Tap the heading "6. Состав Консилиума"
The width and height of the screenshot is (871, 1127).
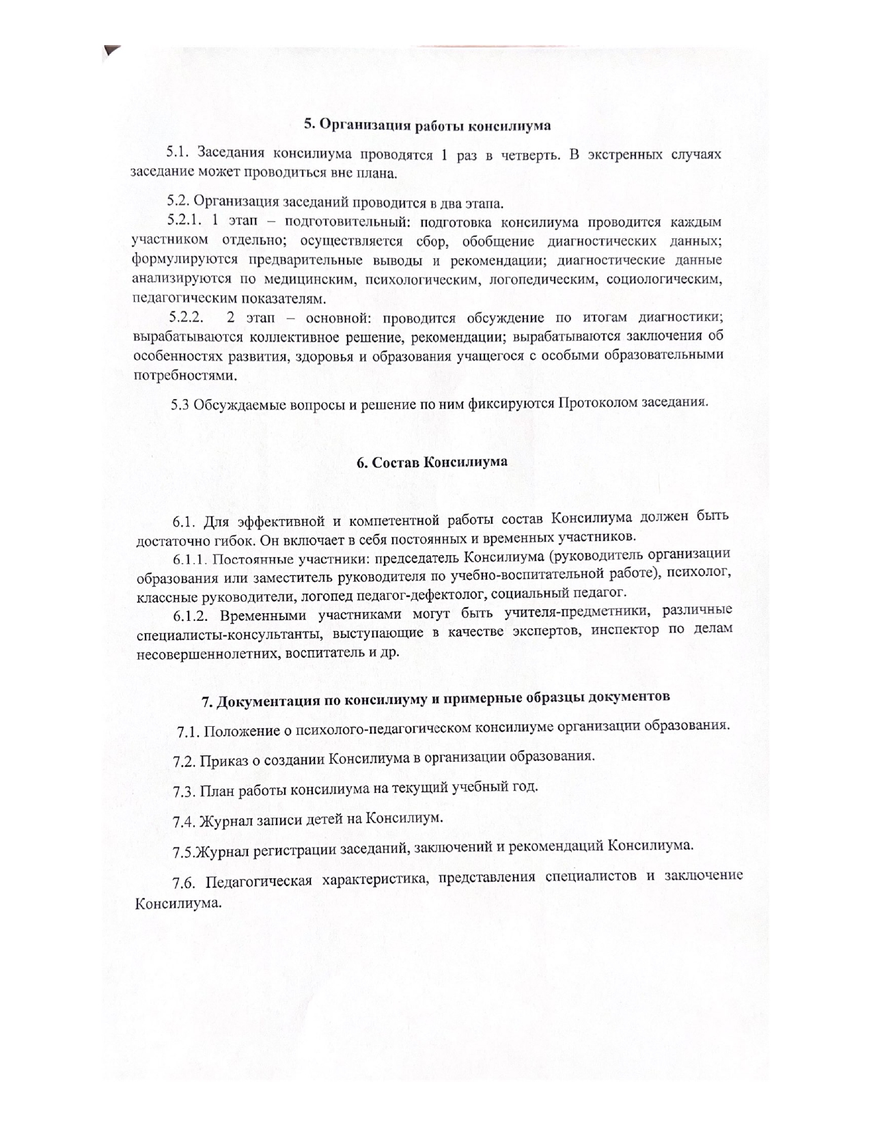432,461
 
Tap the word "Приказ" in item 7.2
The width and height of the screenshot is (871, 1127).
230,760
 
